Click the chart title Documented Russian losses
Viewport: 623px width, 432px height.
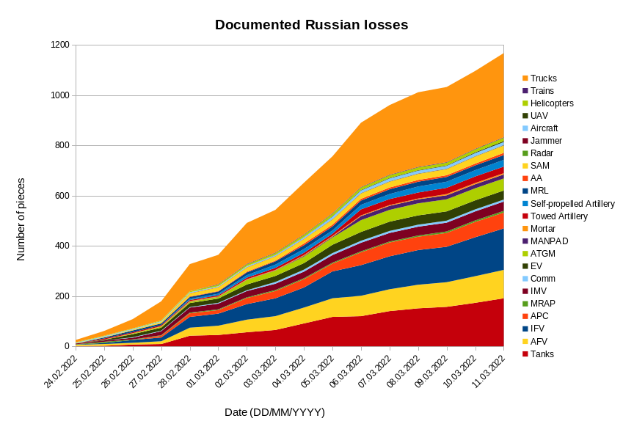311,25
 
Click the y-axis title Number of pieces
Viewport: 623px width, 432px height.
21,219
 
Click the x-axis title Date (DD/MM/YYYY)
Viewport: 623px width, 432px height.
274,412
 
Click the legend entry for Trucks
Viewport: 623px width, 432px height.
543,78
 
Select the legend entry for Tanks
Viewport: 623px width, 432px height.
542,354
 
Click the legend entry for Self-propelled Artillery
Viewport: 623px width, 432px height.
572,203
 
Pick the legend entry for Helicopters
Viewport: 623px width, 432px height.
552,103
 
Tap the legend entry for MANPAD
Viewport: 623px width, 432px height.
549,241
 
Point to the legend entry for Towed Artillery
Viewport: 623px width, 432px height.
559,216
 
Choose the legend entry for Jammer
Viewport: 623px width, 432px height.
546,141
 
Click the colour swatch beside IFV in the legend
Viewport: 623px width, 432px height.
525,329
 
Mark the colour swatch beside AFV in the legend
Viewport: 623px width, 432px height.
525,341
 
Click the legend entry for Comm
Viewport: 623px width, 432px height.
542,279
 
